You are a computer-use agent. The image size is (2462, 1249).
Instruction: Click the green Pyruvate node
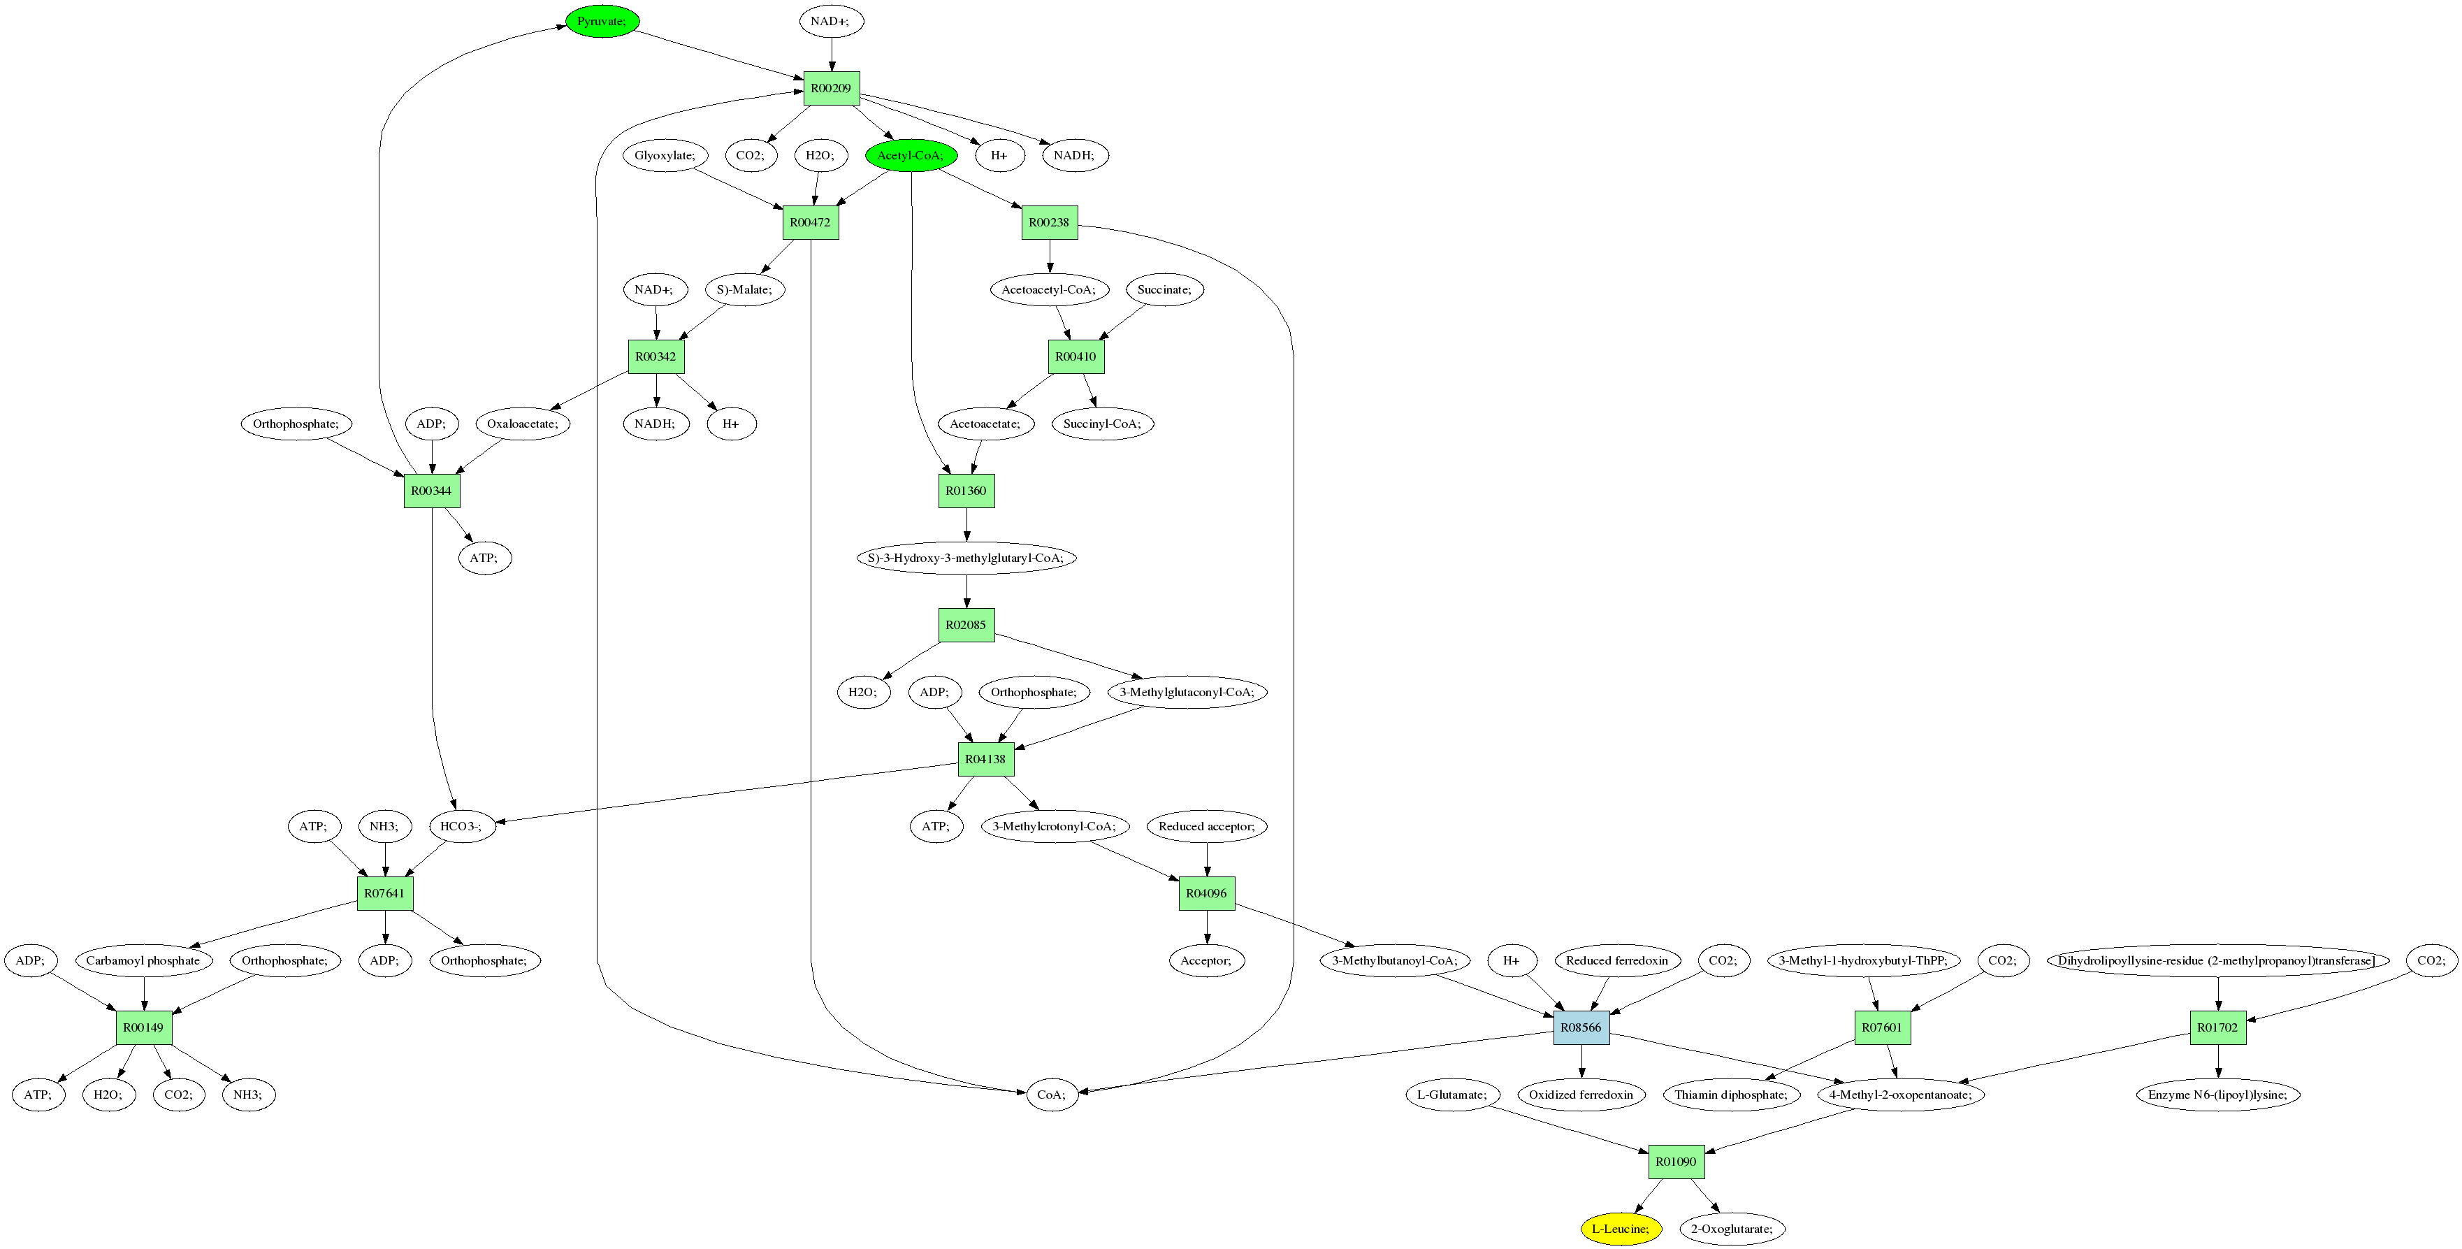tap(602, 21)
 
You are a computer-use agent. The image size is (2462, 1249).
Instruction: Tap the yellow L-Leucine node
tap(1621, 1229)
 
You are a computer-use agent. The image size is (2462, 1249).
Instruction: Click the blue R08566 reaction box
tap(1581, 1027)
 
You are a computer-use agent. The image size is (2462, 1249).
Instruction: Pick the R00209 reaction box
tap(830, 88)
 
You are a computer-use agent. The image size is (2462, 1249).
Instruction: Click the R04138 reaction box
tap(985, 760)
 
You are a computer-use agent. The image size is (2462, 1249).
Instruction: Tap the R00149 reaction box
tap(143, 1027)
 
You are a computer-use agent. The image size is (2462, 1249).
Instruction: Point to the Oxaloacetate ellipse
tap(523, 424)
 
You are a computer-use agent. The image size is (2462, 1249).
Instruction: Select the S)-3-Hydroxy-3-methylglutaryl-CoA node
tap(966, 558)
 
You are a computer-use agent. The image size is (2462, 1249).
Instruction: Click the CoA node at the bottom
tap(1051, 1095)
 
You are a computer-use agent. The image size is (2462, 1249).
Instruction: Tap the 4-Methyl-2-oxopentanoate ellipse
tap(1900, 1095)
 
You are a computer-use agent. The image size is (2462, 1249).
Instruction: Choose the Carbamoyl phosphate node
tap(143, 960)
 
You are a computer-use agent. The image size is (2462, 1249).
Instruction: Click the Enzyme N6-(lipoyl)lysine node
tap(2217, 1095)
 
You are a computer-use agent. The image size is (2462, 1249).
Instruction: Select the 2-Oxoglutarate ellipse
tap(1732, 1229)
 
